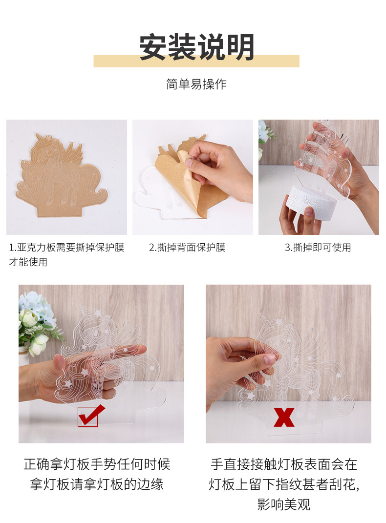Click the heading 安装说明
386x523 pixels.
click(x=196, y=47)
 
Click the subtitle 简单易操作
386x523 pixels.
click(x=196, y=84)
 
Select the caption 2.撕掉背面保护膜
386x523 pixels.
click(x=187, y=248)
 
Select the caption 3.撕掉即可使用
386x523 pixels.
click(x=318, y=248)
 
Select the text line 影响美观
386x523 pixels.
click(x=284, y=504)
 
